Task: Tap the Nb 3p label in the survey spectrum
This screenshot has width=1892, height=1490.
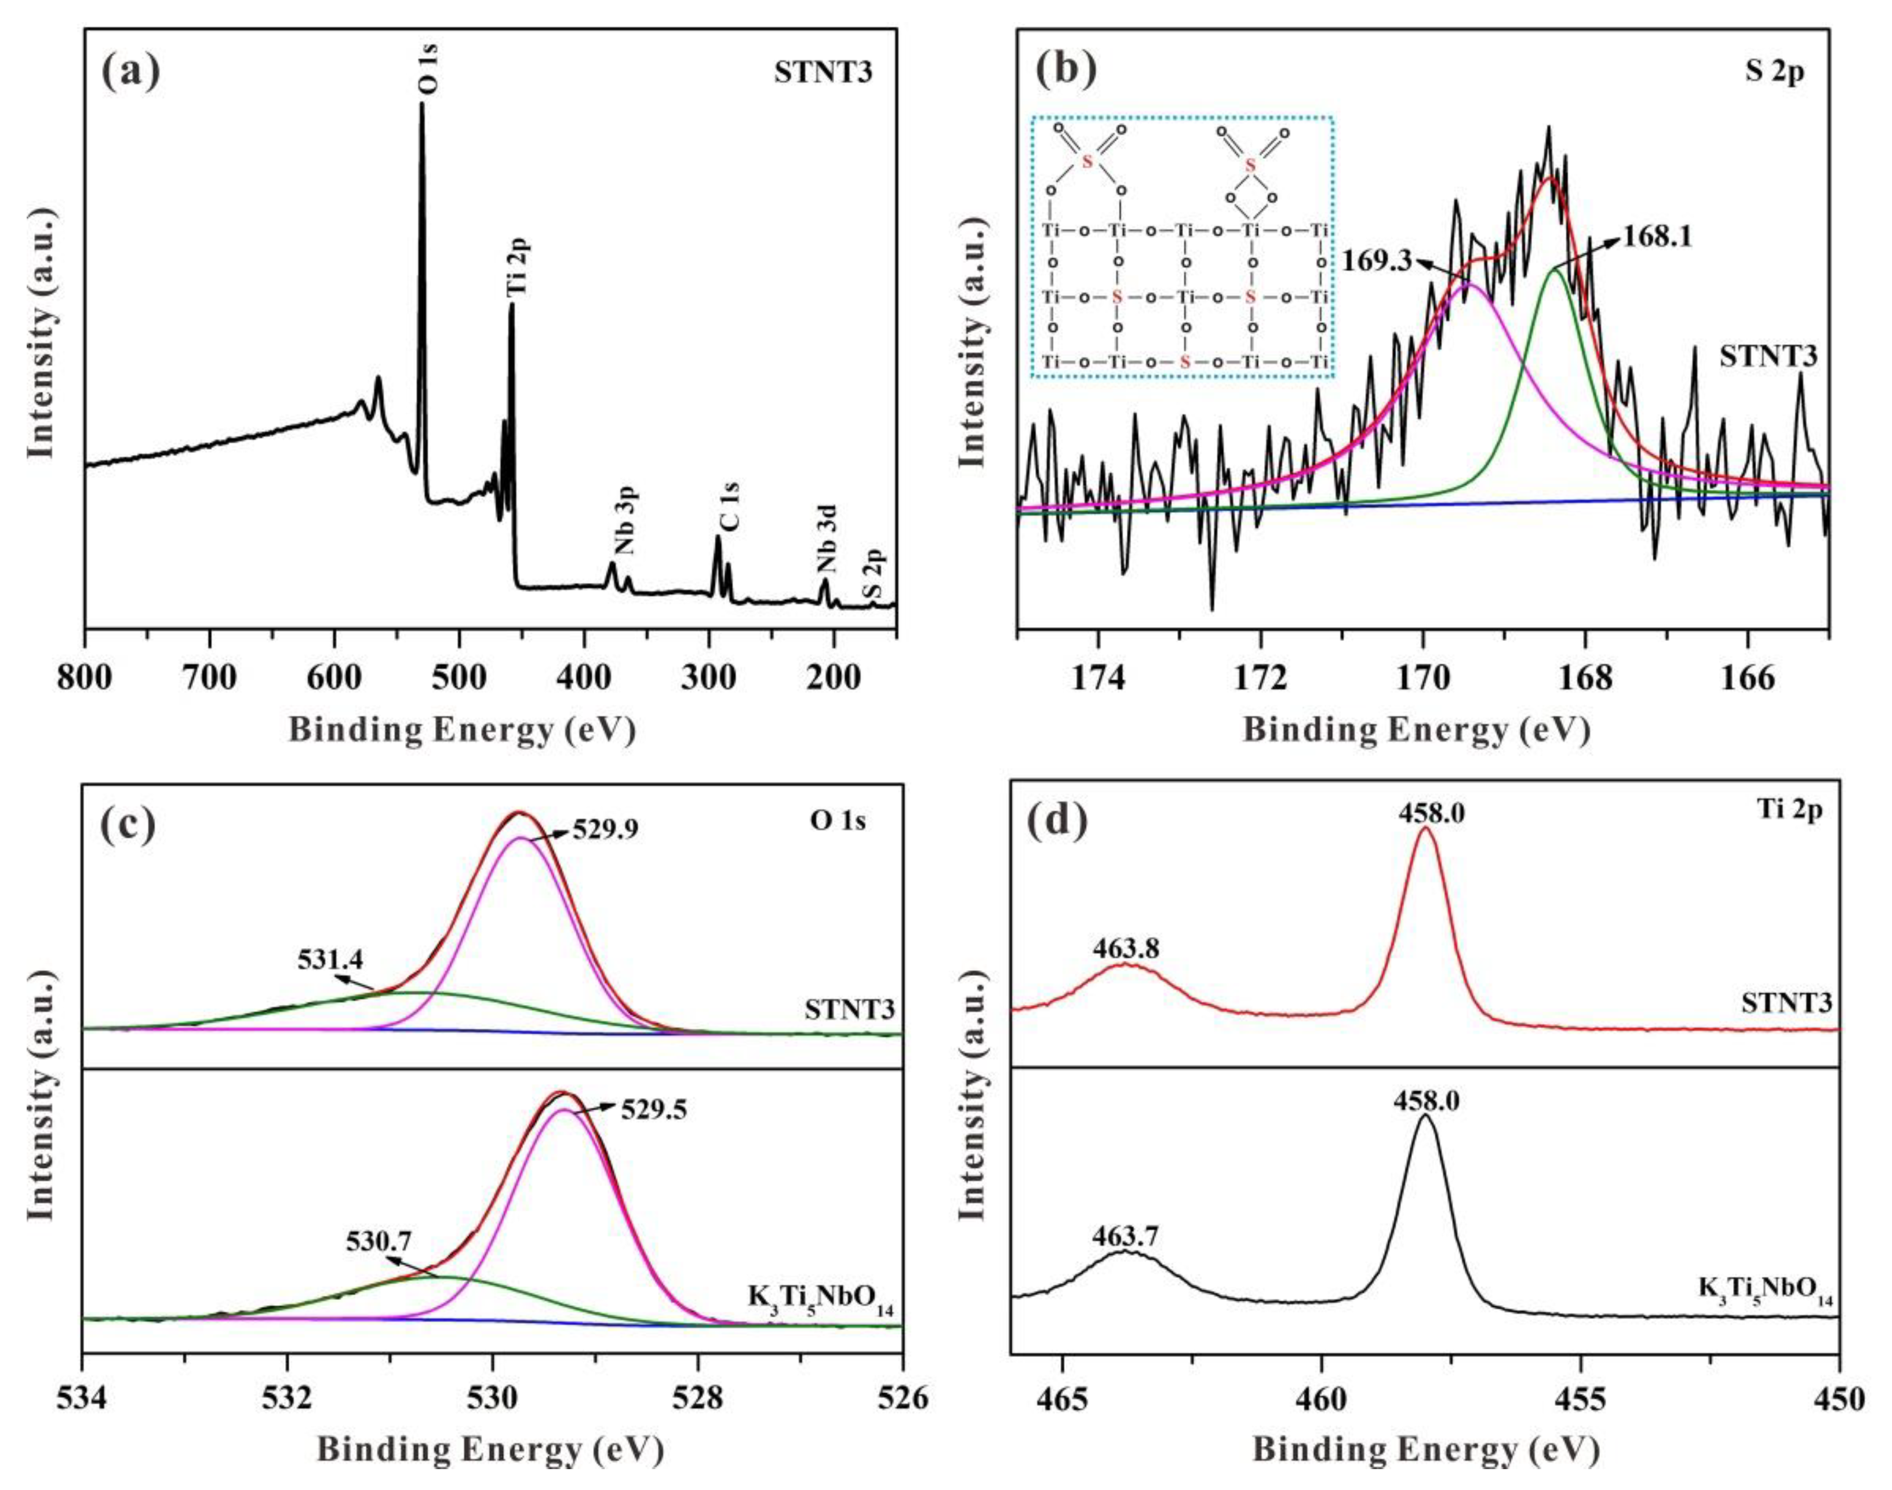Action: (x=626, y=522)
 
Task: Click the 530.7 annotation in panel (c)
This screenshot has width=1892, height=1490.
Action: (x=378, y=1240)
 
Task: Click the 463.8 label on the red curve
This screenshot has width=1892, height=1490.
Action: (x=1125, y=948)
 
